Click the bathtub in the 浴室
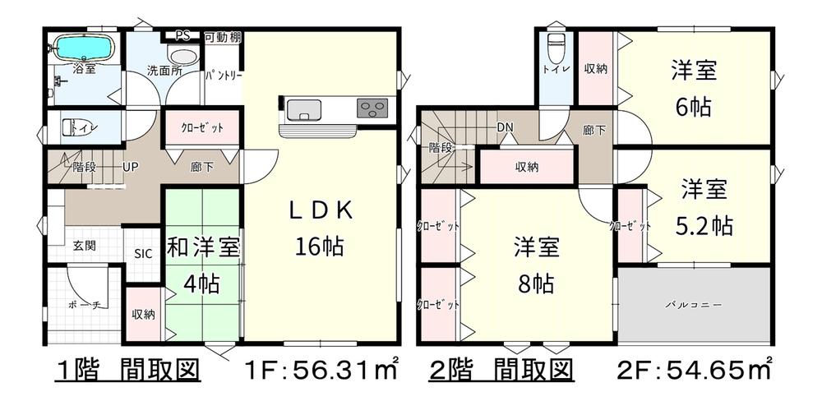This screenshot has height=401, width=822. tap(85, 48)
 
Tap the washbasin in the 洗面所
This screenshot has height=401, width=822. tap(182, 56)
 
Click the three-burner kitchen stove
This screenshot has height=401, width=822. tap(372, 108)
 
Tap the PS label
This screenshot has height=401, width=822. tap(182, 35)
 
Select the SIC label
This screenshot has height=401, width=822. tap(143, 254)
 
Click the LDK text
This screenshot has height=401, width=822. tap(320, 210)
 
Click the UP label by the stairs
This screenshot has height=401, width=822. tap(130, 168)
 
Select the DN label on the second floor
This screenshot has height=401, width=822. tap(506, 127)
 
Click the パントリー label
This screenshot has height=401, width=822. tap(224, 76)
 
